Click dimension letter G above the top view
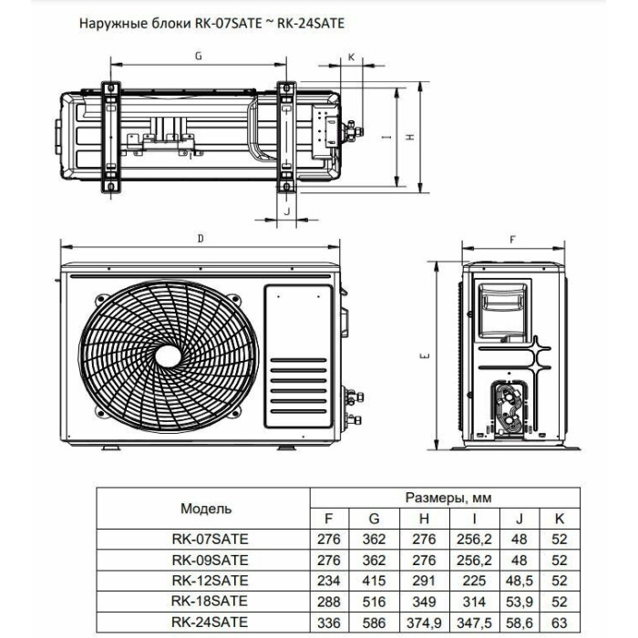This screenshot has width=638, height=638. pos(197,57)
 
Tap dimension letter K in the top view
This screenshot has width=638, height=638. pos(352,57)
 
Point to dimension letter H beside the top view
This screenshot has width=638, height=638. pos(411,138)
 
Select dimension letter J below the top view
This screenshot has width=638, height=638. pos(287,211)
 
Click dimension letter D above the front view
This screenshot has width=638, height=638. pos(200,238)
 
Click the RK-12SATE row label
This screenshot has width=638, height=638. pos(209,580)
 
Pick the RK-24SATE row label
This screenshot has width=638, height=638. pos(209,623)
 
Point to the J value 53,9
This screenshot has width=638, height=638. pos(520,602)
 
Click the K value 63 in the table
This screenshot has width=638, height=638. pos(560,623)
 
